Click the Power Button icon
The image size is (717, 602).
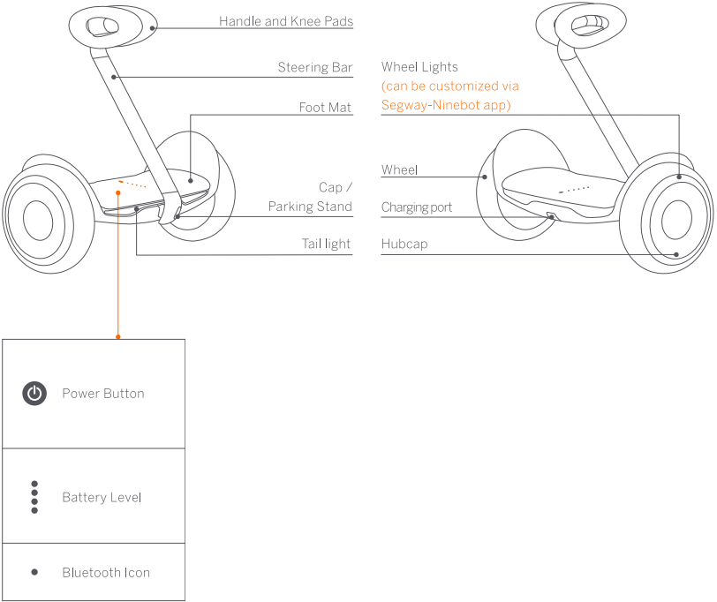[34, 394]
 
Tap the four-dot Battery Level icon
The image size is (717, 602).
[34, 497]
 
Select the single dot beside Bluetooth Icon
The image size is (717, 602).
[34, 572]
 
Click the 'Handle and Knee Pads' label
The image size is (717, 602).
[285, 20]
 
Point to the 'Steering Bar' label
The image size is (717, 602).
[314, 67]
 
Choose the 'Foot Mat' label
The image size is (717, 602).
[325, 108]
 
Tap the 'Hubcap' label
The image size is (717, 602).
[404, 244]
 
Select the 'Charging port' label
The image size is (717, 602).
[416, 207]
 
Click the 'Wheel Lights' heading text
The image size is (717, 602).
[419, 67]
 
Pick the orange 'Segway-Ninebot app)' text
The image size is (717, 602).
[446, 105]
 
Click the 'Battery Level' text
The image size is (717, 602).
[102, 498]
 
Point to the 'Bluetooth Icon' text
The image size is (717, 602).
[106, 573]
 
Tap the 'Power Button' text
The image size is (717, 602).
[102, 394]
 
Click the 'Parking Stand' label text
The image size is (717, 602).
[310, 207]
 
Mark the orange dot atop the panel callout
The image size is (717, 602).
[118, 336]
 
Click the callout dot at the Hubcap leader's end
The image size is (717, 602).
[677, 254]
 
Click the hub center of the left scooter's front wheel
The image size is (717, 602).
[38, 220]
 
